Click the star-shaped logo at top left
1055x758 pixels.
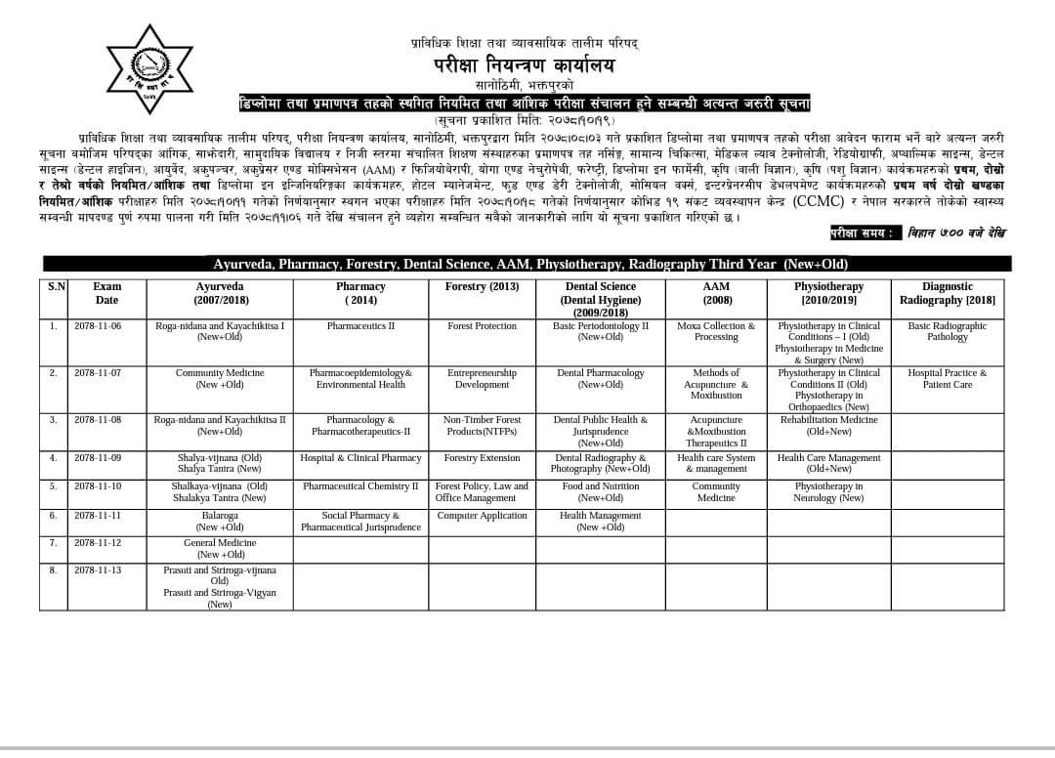[x=149, y=68]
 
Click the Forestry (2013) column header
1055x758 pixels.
[x=482, y=287]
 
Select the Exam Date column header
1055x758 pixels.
[x=106, y=293]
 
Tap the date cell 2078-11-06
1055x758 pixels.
[x=98, y=326]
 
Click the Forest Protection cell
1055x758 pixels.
[x=482, y=326]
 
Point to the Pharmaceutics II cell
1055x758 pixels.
[x=360, y=326]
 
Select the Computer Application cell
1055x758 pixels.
[x=482, y=516]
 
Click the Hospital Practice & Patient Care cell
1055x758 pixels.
[x=947, y=379]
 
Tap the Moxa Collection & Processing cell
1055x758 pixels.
[x=716, y=332]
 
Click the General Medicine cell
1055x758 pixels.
[x=220, y=549]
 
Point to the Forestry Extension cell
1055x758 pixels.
[x=482, y=458]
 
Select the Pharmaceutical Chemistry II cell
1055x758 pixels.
[x=360, y=486]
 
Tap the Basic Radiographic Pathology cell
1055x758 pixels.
[x=947, y=332]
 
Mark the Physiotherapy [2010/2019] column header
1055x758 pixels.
[x=828, y=293]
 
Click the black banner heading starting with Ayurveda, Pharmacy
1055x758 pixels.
[x=527, y=264]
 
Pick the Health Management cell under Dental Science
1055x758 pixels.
[x=600, y=522]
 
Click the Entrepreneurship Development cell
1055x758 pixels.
[x=482, y=379]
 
